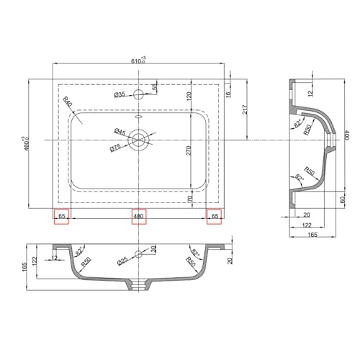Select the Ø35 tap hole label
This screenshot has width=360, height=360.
120,94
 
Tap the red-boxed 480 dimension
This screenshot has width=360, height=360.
138,216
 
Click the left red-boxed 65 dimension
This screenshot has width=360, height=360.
61,216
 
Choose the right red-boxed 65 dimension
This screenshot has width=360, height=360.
214,216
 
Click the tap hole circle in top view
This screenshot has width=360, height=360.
139,94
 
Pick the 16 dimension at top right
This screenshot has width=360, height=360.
228,93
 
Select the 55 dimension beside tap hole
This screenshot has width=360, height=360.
153,87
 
